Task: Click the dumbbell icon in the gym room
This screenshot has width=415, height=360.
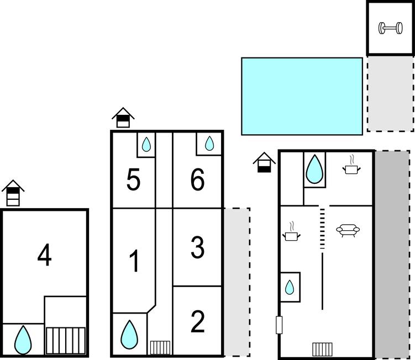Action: tap(390, 28)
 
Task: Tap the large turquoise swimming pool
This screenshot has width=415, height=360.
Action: tap(302, 96)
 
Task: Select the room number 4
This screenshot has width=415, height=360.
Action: tap(44, 255)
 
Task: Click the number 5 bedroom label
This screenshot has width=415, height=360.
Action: tap(133, 180)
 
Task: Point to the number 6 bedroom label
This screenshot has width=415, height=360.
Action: tap(197, 179)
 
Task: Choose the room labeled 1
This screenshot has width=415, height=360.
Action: tap(135, 261)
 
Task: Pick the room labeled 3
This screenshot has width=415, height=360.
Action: tap(197, 247)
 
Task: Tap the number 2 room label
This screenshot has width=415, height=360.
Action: tap(197, 322)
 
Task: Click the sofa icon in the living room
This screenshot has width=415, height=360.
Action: tap(348, 230)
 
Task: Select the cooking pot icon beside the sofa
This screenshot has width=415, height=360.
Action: tap(291, 232)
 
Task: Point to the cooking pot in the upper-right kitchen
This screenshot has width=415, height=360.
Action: tap(351, 165)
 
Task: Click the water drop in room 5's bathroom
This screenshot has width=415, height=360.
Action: tap(146, 145)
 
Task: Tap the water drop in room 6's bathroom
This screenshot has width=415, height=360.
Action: tap(209, 144)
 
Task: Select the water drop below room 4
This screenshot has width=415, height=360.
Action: tap(23, 340)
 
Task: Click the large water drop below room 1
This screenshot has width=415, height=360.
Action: tap(129, 335)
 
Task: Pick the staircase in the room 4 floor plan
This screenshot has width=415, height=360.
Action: tap(66, 341)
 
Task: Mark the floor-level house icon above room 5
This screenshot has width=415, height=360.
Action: tap(123, 118)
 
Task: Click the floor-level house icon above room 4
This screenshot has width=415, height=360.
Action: tap(13, 193)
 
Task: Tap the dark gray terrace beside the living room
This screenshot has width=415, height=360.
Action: tap(392, 253)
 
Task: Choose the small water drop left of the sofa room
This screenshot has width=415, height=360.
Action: tap(290, 287)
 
